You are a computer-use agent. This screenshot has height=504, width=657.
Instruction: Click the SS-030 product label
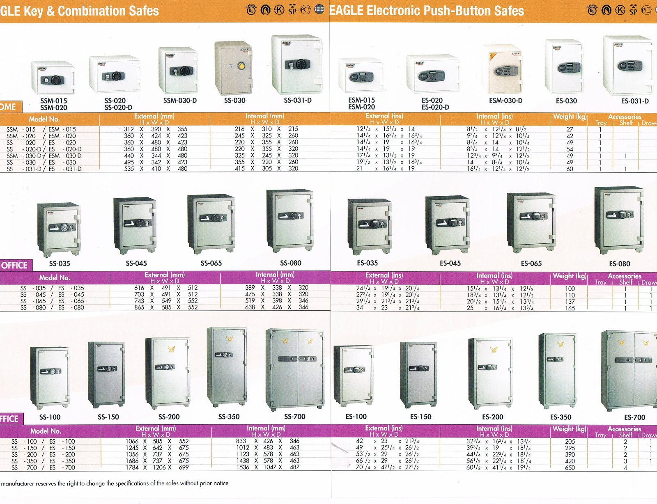(x=234, y=100)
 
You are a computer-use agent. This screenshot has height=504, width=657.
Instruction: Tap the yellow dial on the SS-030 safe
(x=241, y=66)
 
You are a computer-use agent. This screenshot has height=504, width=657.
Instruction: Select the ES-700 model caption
(x=634, y=417)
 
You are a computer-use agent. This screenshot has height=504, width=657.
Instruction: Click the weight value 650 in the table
(x=570, y=467)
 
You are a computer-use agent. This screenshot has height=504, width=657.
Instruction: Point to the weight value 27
(x=570, y=129)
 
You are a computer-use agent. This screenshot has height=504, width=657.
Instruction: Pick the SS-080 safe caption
(x=291, y=263)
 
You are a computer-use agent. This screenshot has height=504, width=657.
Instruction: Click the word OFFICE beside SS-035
(x=14, y=266)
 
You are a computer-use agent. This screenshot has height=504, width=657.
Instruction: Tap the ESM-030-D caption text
(x=505, y=101)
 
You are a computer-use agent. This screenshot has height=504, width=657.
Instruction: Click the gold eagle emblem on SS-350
(x=230, y=339)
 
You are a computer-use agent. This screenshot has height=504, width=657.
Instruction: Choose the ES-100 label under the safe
(x=356, y=417)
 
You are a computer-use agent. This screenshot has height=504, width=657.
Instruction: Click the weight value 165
(x=570, y=308)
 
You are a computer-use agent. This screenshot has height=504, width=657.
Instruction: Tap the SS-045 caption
(x=136, y=263)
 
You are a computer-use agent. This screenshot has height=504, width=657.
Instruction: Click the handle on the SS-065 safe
(x=205, y=218)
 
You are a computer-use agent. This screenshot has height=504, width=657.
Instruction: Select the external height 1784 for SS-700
(x=132, y=467)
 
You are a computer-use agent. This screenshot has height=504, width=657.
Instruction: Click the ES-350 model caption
(x=561, y=417)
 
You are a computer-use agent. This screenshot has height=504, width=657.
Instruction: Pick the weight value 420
(x=570, y=461)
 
